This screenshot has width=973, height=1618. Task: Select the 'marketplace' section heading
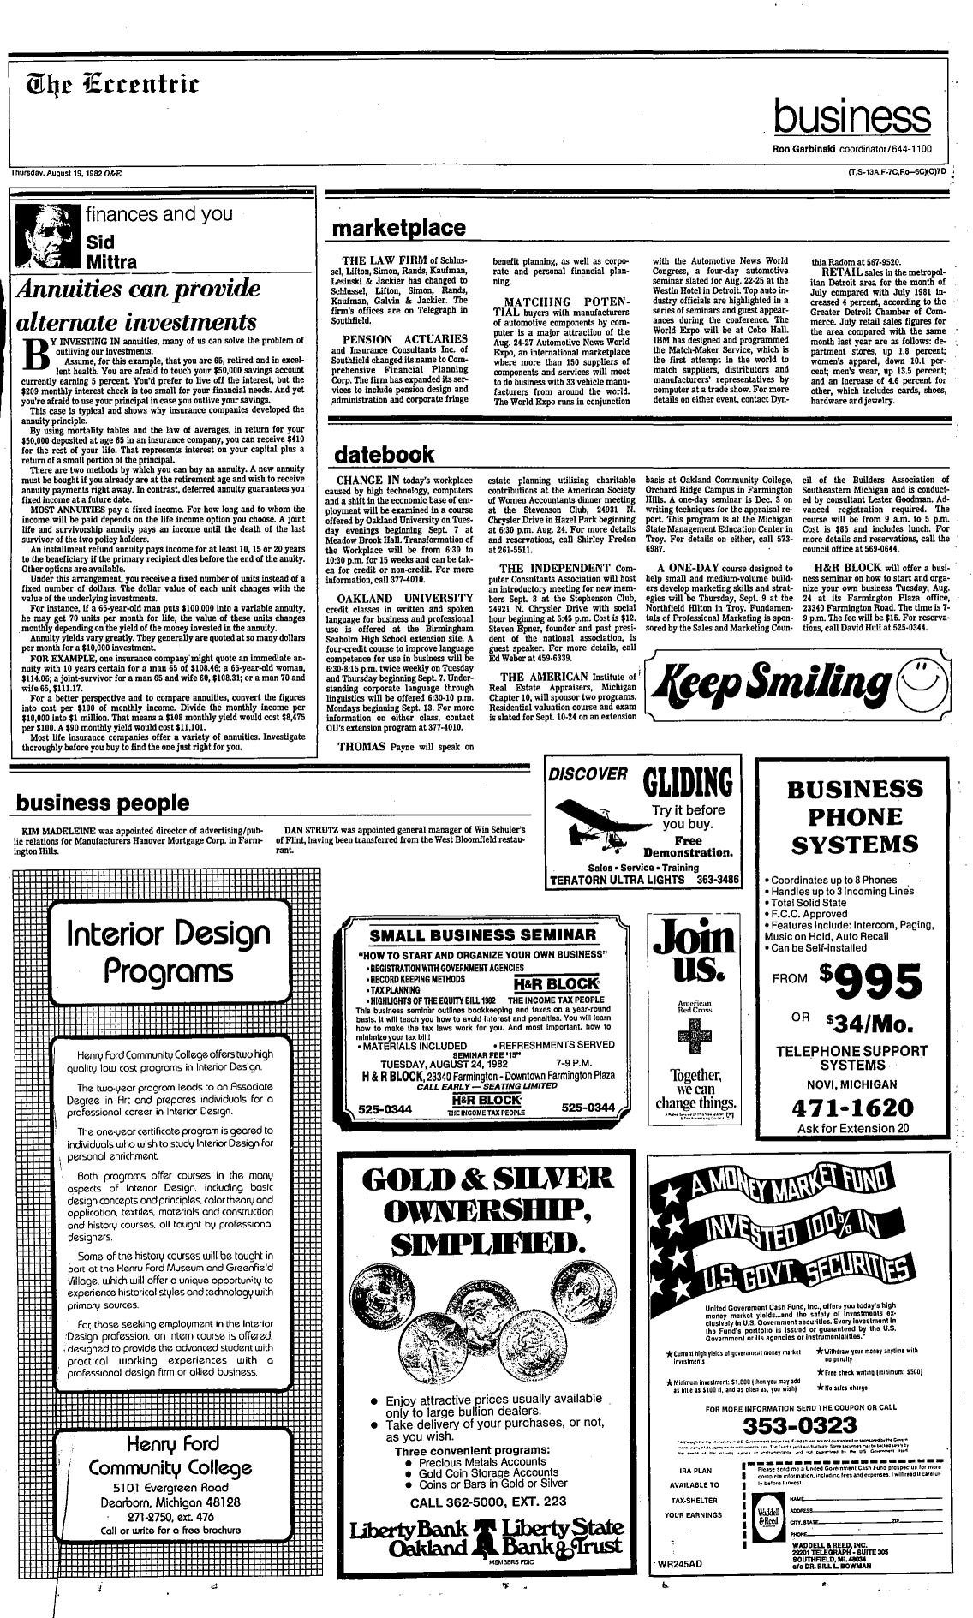[399, 229]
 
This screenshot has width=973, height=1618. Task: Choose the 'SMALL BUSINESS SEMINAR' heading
[482, 934]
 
